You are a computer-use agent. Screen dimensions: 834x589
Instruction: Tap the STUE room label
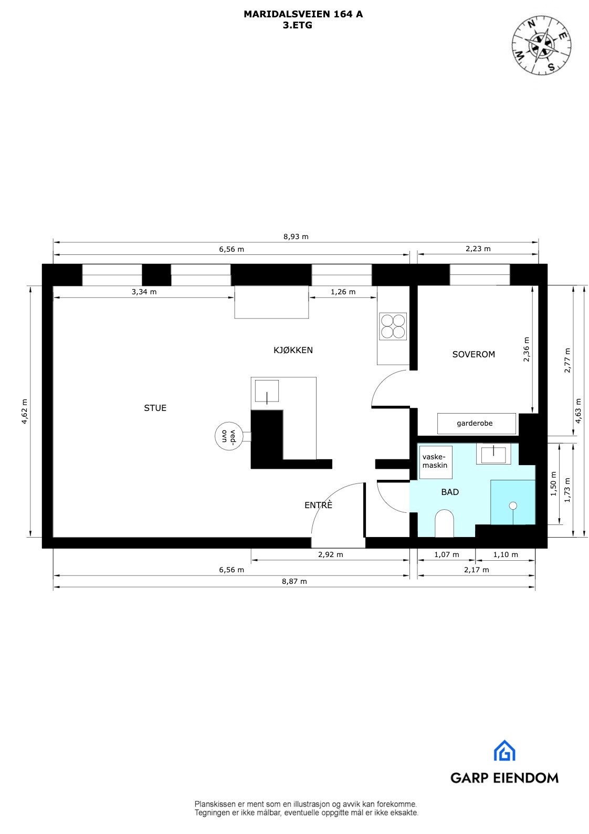tap(155, 408)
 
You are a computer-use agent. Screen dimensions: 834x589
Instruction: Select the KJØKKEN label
tap(293, 350)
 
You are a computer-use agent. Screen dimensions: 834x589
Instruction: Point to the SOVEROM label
tap(474, 354)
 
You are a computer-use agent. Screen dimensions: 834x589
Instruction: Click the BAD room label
tap(450, 492)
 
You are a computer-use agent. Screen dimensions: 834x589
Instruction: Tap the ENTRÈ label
tap(318, 506)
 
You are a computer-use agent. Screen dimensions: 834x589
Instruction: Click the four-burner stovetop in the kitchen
tap(393, 326)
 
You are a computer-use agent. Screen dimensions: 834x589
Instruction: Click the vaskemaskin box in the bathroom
tap(435, 462)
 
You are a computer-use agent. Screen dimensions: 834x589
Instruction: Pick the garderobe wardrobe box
tap(477, 423)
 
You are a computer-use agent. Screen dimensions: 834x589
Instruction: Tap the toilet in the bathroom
tap(444, 523)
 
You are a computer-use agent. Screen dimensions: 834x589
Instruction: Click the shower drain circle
tap(513, 506)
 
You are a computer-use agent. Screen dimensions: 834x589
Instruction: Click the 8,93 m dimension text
tap(296, 236)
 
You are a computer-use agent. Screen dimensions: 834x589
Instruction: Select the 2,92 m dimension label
tap(331, 554)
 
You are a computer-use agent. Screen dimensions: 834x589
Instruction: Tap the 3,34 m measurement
tap(144, 292)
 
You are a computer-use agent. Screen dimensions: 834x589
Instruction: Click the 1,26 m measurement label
tap(343, 292)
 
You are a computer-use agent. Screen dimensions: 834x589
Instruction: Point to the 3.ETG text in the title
tap(297, 25)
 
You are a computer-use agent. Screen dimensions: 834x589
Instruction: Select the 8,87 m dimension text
tap(294, 581)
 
